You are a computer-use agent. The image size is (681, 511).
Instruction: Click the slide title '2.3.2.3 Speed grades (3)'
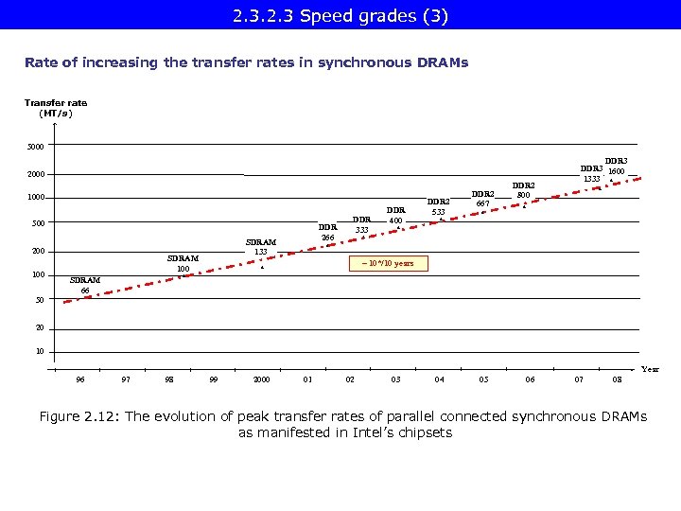340,16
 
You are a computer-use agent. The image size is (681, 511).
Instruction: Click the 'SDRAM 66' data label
85,285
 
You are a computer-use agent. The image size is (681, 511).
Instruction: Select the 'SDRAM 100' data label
183,263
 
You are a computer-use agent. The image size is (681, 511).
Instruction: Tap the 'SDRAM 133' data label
261,247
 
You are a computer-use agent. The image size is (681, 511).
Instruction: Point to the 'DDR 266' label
327,232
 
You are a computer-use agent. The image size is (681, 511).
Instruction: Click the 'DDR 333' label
361,224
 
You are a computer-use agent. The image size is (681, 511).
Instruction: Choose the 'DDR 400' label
396,216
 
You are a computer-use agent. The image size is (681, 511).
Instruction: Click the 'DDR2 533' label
439,206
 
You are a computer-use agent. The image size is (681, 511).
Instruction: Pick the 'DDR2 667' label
482,197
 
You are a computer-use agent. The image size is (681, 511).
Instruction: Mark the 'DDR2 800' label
524,190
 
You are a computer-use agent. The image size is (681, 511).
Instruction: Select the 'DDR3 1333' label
592,173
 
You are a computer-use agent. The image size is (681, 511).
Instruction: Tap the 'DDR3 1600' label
616,167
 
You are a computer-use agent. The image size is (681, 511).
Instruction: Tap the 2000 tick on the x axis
261,379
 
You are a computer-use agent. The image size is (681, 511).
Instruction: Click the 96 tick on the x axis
80,379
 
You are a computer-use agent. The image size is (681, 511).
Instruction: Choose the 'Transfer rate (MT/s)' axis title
56,108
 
